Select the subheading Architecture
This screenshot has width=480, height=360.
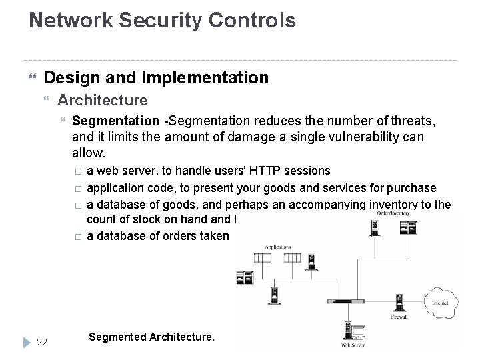(103, 101)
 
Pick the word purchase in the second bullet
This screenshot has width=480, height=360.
(411, 187)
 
